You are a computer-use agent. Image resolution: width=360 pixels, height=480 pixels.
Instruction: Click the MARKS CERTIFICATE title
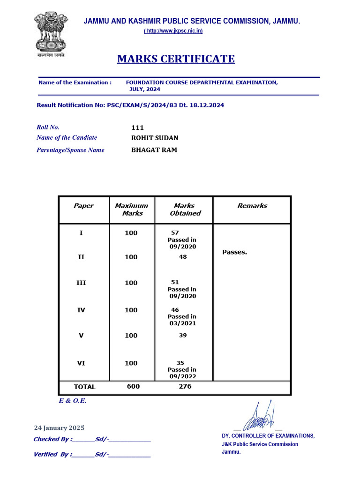pyautogui.click(x=176, y=59)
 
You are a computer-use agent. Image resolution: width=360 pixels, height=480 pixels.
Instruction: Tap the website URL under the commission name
pyautogui.click(x=173, y=31)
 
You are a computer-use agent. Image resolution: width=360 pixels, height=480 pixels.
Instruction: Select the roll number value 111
pyautogui.click(x=137, y=127)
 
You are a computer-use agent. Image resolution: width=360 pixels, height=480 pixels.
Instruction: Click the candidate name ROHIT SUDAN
pyautogui.click(x=155, y=138)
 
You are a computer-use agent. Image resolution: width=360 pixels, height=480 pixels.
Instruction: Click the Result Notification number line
pyautogui.click(x=130, y=105)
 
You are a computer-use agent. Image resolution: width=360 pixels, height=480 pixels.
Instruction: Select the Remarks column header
pyautogui.click(x=252, y=205)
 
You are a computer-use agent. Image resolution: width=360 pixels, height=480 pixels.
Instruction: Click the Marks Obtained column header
pyautogui.click(x=184, y=209)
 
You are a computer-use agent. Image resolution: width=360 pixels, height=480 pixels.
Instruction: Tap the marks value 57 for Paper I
pyautogui.click(x=175, y=232)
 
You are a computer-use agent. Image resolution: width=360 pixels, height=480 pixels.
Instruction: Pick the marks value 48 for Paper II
pyautogui.click(x=182, y=257)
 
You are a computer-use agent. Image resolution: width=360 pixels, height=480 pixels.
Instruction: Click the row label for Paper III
pyautogui.click(x=81, y=283)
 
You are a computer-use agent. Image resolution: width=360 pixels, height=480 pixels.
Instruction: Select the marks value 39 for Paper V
pyautogui.click(x=182, y=335)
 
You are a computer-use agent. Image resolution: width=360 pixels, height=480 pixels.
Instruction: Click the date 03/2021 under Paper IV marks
pyautogui.click(x=182, y=323)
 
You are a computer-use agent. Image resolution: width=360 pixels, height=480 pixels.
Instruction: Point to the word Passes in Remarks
pyautogui.click(x=234, y=252)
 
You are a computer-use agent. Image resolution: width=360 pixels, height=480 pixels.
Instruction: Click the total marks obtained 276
pyautogui.click(x=184, y=387)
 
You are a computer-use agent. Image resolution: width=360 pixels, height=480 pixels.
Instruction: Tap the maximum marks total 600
pyautogui.click(x=133, y=387)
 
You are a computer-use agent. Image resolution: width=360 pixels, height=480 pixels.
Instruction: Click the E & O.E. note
pyautogui.click(x=73, y=401)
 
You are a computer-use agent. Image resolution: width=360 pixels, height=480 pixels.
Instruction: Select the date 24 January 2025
pyautogui.click(x=59, y=427)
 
